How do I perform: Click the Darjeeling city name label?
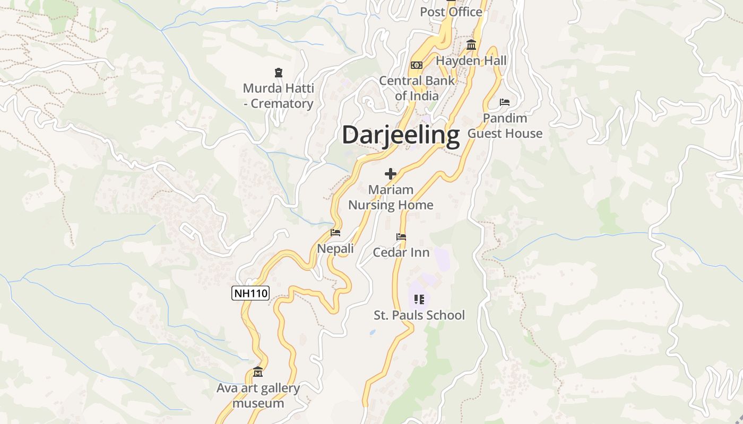(401, 135)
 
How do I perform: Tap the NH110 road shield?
(250, 293)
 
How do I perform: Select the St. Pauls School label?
(419, 315)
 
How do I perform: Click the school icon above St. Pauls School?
(419, 299)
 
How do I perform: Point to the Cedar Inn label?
(401, 252)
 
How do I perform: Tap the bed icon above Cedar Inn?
(401, 237)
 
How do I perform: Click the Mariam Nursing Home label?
(391, 197)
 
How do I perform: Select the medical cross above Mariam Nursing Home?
(391, 173)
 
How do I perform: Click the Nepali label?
(335, 248)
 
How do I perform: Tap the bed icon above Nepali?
(335, 233)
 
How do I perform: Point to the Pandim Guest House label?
(505, 126)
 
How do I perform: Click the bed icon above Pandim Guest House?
(505, 102)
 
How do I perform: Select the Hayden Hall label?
(471, 61)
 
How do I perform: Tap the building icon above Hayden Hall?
(471, 45)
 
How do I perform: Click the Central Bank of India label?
(417, 88)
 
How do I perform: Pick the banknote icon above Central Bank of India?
(417, 65)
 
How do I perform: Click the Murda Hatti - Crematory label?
(279, 96)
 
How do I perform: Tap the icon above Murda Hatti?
(279, 72)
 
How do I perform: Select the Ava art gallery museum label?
(258, 395)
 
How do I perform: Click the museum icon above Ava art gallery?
(258, 372)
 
